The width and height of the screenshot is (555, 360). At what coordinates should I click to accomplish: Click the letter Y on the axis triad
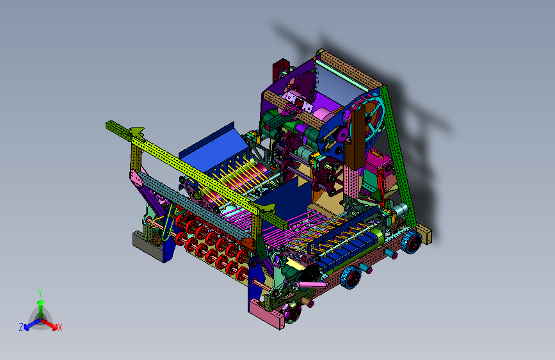40,293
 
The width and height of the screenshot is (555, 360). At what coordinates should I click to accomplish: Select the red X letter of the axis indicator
60,328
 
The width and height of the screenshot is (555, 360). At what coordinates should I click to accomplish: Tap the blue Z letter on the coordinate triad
21,327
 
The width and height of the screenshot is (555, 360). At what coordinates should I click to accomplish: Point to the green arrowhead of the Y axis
41,302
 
